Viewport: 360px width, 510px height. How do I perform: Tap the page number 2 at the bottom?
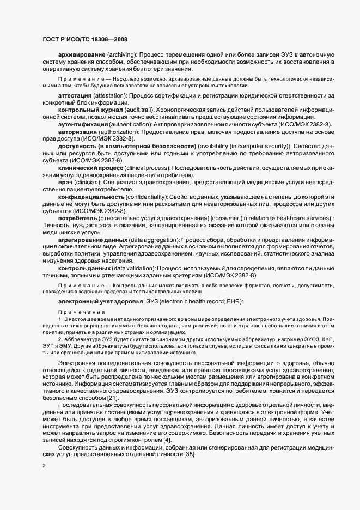pyautogui.click(x=44, y=466)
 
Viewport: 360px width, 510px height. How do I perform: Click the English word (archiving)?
pyautogui.click(x=120, y=56)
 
